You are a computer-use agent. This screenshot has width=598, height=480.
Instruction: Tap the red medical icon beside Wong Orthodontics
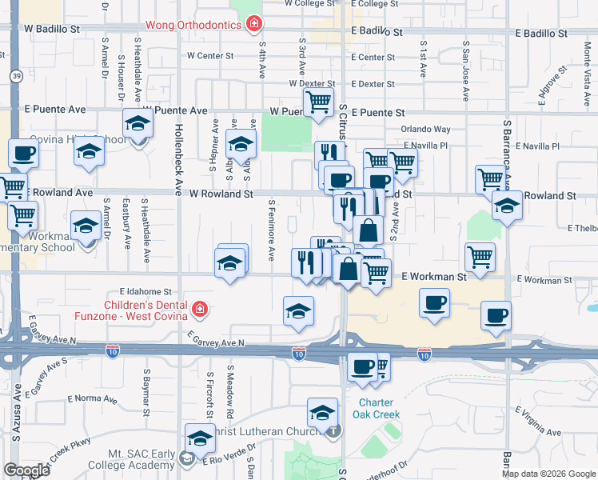coord(253,25)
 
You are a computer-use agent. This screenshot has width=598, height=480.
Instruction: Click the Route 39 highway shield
coord(17,76)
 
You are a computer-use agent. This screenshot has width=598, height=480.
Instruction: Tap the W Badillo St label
coord(53,29)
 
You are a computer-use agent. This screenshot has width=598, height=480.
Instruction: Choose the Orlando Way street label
coord(425,129)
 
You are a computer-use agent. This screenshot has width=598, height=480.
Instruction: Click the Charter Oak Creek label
coord(378,409)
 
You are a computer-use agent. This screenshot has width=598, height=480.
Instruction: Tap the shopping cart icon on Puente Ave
coord(318,102)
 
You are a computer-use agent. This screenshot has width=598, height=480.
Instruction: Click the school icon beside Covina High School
coord(138,125)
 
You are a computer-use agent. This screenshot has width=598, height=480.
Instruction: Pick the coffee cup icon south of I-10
coord(362,366)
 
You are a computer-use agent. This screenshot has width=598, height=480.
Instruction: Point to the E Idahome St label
coord(146,292)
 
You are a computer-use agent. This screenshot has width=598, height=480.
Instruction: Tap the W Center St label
coord(209,57)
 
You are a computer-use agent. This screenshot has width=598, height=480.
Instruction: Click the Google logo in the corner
coord(26,470)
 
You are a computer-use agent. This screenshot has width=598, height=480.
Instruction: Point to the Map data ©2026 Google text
coord(548,474)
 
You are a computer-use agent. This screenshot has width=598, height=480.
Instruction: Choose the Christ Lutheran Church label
coord(267,432)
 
